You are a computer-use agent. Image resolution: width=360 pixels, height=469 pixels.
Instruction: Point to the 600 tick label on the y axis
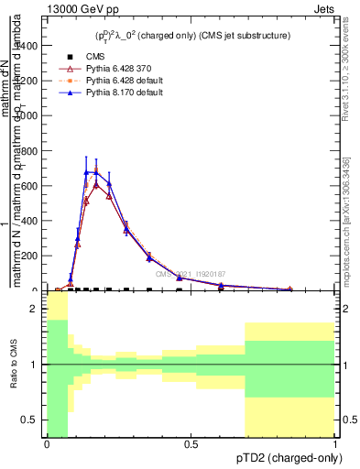pos(32,186)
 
